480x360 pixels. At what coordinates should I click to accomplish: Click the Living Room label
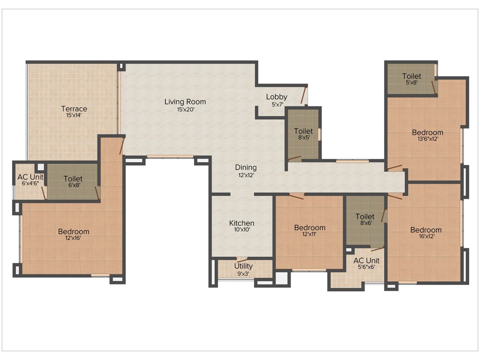point(185,102)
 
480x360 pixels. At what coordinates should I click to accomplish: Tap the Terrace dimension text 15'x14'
point(74,115)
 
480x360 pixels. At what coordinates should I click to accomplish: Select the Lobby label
point(277,97)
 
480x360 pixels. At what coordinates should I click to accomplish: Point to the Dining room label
point(246,167)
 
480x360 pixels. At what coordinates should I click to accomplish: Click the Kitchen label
point(241,223)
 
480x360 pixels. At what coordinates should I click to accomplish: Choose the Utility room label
point(243,266)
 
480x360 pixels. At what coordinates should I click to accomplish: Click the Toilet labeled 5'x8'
point(411,76)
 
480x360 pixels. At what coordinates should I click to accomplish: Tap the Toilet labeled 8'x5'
point(303,131)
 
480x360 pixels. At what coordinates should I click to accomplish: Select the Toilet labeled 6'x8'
point(73,179)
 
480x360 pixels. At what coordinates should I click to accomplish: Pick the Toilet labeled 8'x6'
point(365,217)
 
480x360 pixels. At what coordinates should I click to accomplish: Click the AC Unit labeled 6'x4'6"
point(30,177)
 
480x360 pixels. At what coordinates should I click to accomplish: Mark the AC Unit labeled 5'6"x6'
point(366,261)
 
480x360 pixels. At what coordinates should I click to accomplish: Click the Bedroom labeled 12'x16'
point(74,232)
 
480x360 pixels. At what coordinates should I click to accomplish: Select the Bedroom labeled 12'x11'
point(309,228)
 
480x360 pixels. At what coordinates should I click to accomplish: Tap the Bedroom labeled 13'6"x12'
point(427,133)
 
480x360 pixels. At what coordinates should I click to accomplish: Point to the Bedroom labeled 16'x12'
point(426,230)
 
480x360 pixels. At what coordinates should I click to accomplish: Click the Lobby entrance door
point(304,95)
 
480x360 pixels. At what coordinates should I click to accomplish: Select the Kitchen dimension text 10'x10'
point(241,230)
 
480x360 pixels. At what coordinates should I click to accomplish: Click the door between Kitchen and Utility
point(242,259)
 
